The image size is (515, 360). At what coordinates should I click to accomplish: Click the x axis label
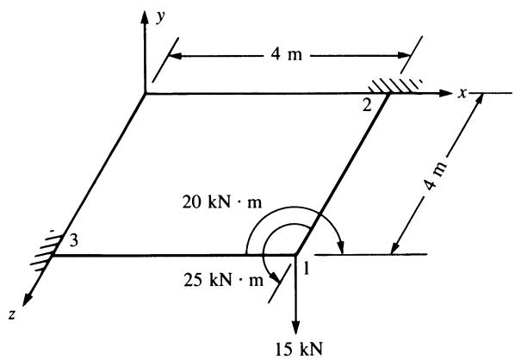462,94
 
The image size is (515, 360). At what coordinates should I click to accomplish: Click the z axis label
12,315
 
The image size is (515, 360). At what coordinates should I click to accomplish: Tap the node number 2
367,105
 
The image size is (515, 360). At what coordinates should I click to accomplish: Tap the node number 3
74,241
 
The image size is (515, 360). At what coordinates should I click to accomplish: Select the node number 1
306,269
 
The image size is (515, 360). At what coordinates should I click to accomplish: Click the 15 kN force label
299,349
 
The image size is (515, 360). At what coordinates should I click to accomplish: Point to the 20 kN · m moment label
222,202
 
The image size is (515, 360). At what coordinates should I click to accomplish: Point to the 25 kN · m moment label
223,280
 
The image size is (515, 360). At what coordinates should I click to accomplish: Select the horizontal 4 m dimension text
287,54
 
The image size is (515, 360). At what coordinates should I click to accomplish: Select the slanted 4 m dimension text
436,175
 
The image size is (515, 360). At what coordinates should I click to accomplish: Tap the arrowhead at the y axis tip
144,16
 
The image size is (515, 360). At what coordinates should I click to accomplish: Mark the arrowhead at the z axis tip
27,301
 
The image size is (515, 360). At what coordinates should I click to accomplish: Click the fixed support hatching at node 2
394,85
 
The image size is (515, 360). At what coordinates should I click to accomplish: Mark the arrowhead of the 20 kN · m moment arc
341,248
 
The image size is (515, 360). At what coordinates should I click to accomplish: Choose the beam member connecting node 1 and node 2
343,174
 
